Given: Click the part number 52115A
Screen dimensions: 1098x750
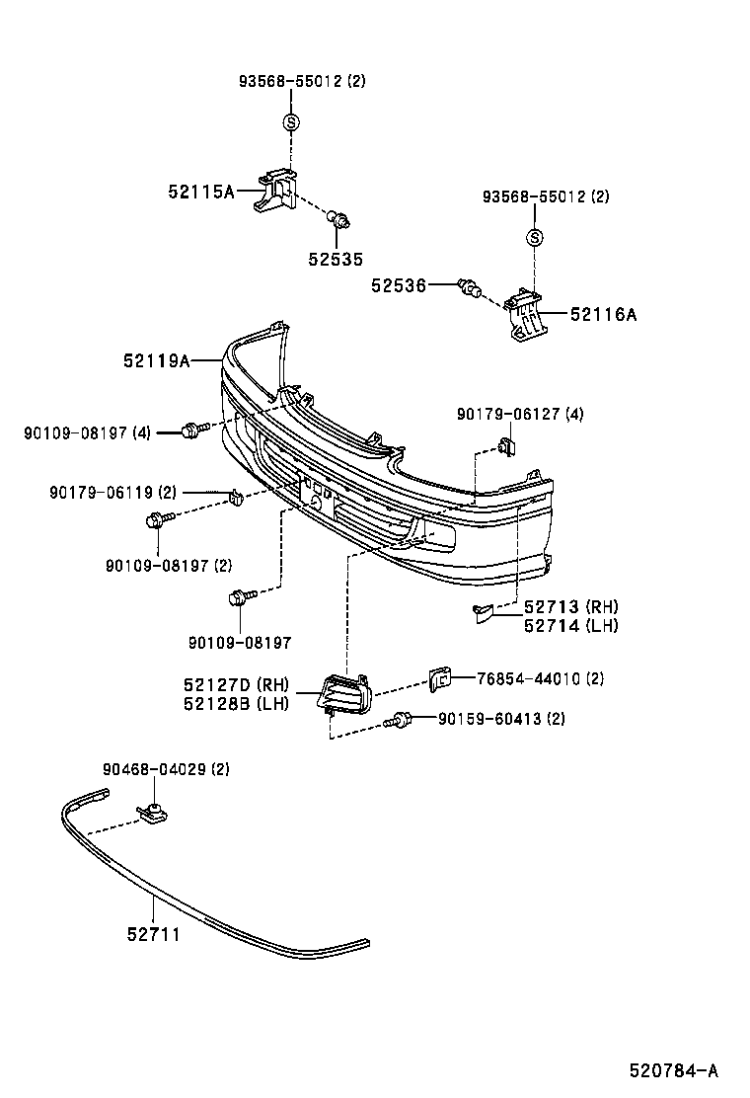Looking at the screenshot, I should click(x=200, y=191).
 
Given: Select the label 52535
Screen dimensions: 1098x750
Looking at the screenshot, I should click(x=335, y=260).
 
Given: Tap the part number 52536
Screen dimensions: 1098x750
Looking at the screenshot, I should click(x=399, y=285).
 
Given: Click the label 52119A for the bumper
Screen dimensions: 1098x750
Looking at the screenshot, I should click(x=156, y=361).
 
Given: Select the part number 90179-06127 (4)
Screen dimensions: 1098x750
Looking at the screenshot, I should click(x=519, y=415).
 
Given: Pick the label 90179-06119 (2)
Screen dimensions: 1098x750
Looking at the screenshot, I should click(x=112, y=492).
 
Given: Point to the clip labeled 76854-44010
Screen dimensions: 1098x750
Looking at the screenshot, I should click(x=439, y=677).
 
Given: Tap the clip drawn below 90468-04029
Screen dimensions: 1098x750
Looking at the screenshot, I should click(x=152, y=813).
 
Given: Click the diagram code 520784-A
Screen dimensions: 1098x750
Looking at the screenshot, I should click(x=674, y=1070).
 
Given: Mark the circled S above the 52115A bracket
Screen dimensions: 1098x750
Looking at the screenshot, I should click(x=291, y=121).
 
